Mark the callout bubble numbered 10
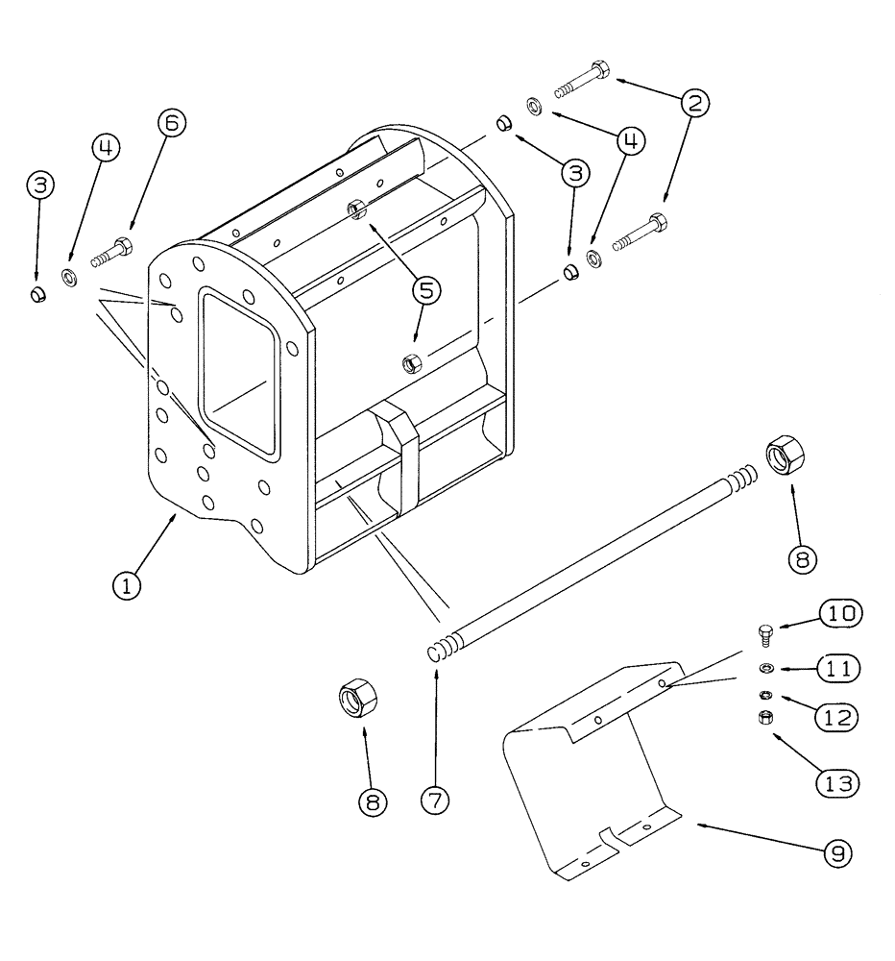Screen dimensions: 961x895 coord(839,612)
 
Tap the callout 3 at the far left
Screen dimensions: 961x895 coord(38,185)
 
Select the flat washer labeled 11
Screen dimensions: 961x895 coord(766,668)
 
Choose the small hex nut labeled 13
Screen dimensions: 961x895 coord(766,716)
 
